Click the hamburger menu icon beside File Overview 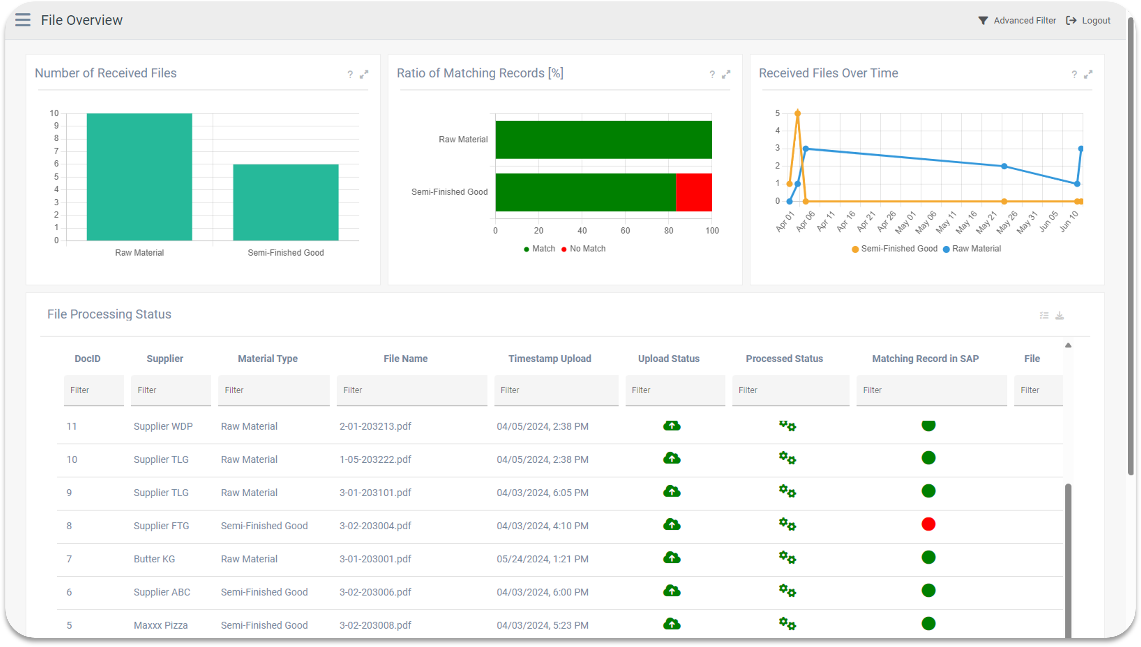coord(23,20)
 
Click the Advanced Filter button coord(1017,20)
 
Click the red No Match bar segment coord(693,192)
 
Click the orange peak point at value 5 coord(797,113)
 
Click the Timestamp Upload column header coord(550,359)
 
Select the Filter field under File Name coord(412,390)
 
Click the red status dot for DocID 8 coord(928,524)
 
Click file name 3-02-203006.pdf coord(375,592)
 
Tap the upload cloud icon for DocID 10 coord(672,458)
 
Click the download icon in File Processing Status coord(1059,316)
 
